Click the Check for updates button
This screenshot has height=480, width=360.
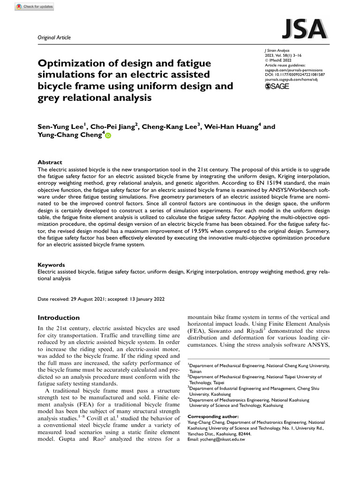pos(34,7)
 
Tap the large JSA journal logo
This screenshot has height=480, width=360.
pos(304,30)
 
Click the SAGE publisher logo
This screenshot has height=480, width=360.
pos(277,86)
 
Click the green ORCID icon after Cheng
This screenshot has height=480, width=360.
pos(108,136)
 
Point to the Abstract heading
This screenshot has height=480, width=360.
pos(50,162)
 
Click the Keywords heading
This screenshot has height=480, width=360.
pos(52,264)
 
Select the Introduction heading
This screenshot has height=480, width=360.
pos(59,317)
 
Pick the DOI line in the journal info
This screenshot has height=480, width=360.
pos(295,75)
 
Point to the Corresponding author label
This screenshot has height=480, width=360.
pos(213,416)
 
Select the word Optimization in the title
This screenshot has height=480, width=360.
pos(72,63)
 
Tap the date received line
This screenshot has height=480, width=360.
pos(101,299)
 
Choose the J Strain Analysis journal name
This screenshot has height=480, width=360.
pos(277,50)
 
